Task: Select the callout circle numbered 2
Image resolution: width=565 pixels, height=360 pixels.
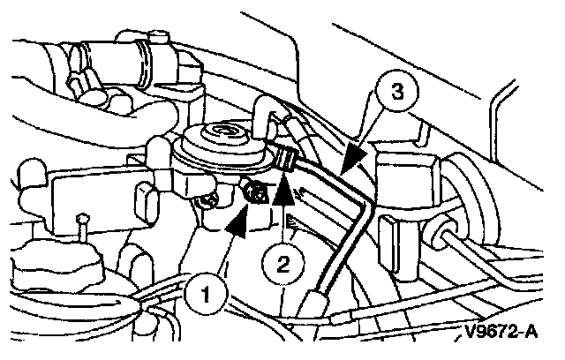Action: pos(283,263)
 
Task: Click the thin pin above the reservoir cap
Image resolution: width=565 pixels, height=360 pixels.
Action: pos(80,228)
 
